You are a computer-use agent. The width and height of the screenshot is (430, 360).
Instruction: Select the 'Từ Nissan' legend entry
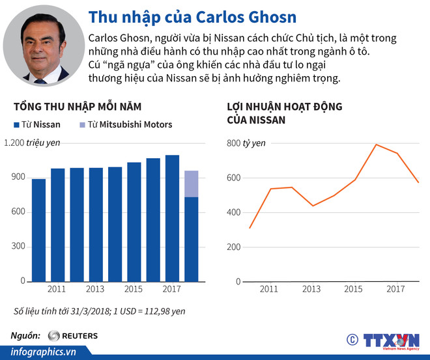click(36, 124)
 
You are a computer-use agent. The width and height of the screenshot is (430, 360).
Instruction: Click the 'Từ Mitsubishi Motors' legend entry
click(125, 124)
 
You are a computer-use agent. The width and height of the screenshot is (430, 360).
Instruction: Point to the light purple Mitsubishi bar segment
click(191, 184)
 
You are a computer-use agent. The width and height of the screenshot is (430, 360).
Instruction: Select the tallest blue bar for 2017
click(172, 218)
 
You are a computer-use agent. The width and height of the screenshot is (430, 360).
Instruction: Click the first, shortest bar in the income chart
click(39, 230)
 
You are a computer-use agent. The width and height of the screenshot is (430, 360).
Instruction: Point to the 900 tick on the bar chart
click(18, 177)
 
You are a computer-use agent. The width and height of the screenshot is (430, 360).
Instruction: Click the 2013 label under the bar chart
click(95, 288)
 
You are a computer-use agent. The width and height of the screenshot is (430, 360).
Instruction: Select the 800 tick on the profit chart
click(233, 143)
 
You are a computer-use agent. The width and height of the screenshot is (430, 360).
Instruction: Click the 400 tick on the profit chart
click(233, 212)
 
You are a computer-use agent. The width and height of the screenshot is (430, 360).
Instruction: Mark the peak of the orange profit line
click(376, 145)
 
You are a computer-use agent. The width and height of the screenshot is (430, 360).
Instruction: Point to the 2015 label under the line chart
click(354, 288)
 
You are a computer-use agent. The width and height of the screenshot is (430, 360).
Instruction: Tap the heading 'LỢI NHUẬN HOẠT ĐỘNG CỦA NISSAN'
click(284, 113)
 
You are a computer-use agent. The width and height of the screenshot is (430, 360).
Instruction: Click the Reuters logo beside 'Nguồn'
click(72, 336)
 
